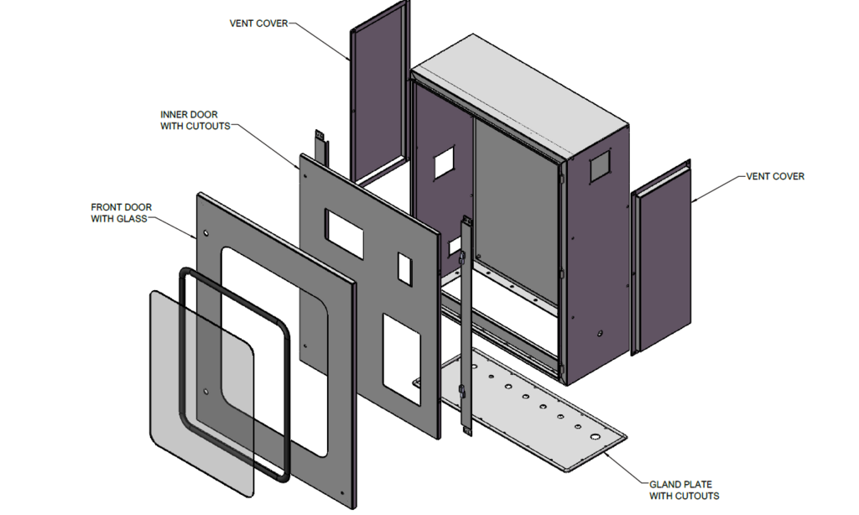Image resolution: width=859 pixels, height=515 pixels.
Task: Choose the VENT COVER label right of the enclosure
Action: pos(775,176)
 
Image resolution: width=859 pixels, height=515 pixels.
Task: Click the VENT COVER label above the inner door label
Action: pos(258,23)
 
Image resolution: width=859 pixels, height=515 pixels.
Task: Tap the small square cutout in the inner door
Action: pos(403,268)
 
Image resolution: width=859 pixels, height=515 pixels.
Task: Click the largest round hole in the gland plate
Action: pos(596,438)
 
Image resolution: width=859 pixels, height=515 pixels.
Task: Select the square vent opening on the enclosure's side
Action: pos(601,169)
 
